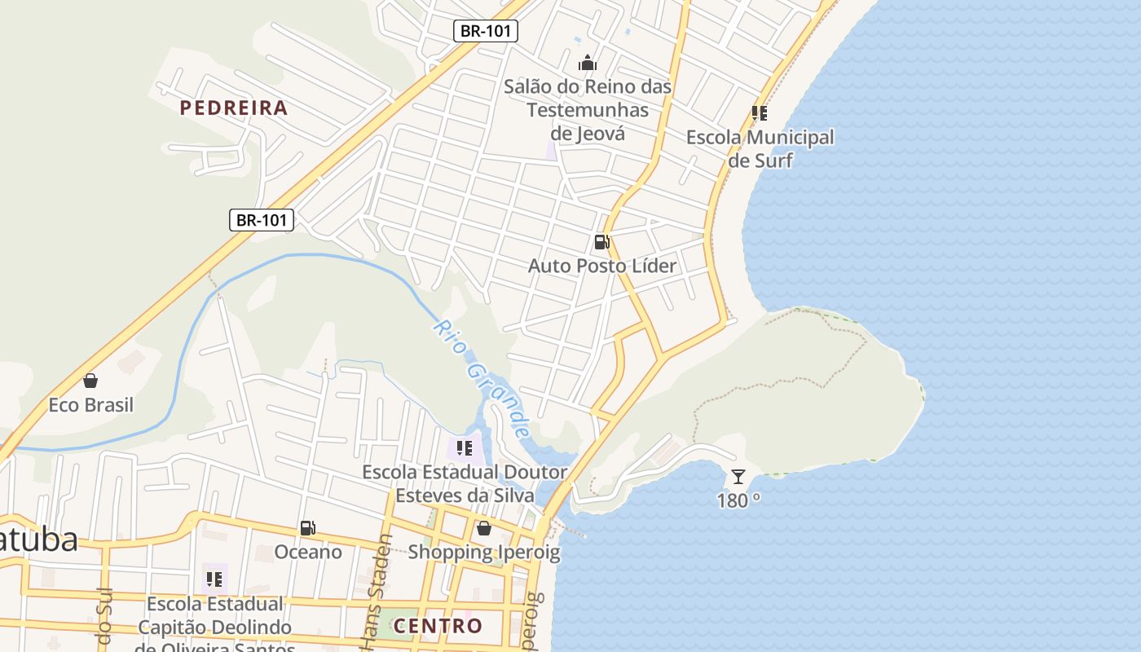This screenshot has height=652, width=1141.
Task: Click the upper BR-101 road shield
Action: (486, 31)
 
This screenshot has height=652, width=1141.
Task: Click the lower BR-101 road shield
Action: (261, 219)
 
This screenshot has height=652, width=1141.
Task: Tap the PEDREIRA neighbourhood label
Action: (234, 108)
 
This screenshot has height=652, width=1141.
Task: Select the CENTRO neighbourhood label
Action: (438, 626)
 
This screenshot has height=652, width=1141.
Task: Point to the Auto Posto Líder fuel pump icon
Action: (601, 241)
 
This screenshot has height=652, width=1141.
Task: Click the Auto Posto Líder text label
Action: (602, 266)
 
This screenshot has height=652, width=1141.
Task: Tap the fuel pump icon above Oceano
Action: (307, 528)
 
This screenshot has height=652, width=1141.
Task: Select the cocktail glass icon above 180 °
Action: (738, 477)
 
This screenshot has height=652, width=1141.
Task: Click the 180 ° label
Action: (738, 500)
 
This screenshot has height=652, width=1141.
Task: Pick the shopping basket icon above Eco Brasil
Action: (90, 381)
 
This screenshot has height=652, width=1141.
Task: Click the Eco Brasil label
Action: (90, 405)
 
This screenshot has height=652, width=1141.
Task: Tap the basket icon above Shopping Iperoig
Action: (484, 528)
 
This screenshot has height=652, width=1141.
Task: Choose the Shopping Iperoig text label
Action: (484, 552)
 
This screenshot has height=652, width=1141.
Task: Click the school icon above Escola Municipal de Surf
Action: (760, 113)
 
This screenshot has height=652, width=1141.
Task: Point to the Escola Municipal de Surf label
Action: (760, 148)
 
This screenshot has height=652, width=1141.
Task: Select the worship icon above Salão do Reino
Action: (588, 63)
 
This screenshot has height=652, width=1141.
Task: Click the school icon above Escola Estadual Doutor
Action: (465, 447)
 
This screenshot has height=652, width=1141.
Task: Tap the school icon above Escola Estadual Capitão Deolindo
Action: (214, 579)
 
